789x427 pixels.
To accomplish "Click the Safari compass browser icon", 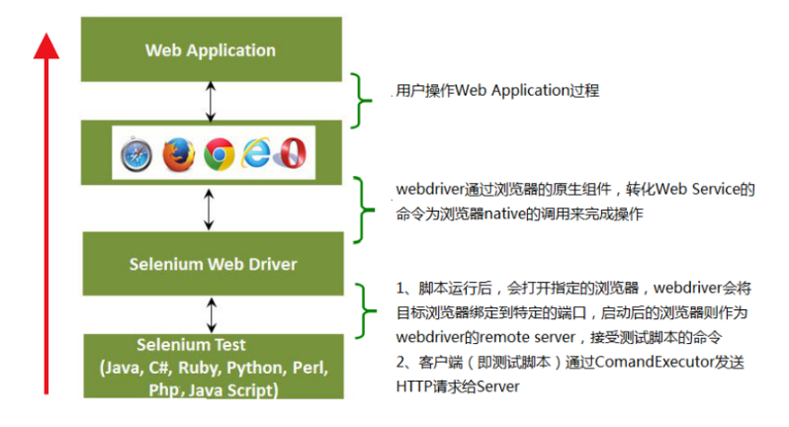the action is [x=136, y=154].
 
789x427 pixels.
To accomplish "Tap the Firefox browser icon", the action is [x=179, y=154].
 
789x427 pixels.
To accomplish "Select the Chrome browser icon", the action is [x=219, y=154].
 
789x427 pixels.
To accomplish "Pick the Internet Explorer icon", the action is [x=256, y=152].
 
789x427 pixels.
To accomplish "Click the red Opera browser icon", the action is [x=291, y=153].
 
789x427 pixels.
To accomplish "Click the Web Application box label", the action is [x=211, y=50].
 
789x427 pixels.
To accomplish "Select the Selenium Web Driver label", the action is [x=213, y=264].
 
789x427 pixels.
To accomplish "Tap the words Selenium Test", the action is [x=191, y=345].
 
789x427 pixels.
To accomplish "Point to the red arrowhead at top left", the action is [x=46, y=46].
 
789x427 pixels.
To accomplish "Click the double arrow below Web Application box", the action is [x=211, y=102].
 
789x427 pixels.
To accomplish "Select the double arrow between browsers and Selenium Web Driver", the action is [x=209, y=210].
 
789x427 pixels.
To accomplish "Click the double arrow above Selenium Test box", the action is [x=212, y=315].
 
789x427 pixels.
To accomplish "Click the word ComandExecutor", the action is [x=655, y=362].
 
